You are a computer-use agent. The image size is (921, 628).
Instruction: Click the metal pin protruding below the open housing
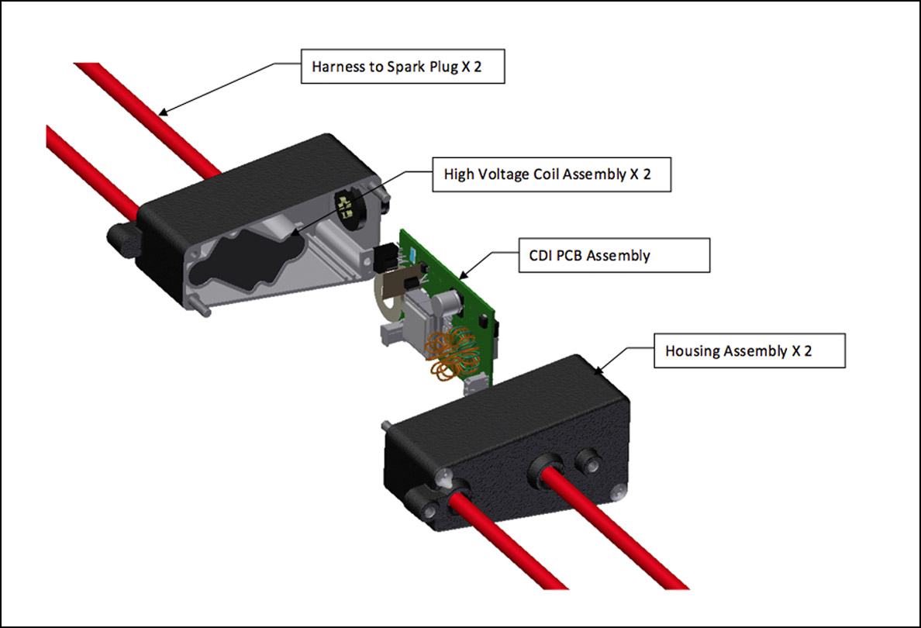coord(202,309)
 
